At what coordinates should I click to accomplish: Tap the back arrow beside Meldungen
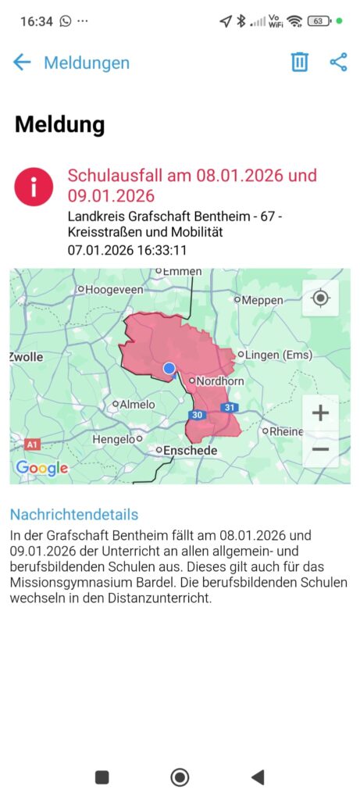tap(22, 62)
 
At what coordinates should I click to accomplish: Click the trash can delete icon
tap(300, 62)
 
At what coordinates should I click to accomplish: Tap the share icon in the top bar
tap(338, 62)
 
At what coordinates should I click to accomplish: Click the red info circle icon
tap(34, 187)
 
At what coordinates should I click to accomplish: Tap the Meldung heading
tap(59, 124)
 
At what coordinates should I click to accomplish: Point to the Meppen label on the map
tap(262, 300)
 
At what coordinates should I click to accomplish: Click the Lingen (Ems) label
tap(279, 355)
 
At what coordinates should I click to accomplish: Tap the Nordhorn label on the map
tap(220, 381)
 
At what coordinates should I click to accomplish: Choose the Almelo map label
tap(136, 405)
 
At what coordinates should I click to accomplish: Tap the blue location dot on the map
tap(169, 368)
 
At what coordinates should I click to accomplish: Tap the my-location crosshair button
tap(320, 298)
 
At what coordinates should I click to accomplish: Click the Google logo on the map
tap(42, 468)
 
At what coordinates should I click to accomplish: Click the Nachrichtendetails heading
tap(74, 514)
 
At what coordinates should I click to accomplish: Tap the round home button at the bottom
tap(180, 777)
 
